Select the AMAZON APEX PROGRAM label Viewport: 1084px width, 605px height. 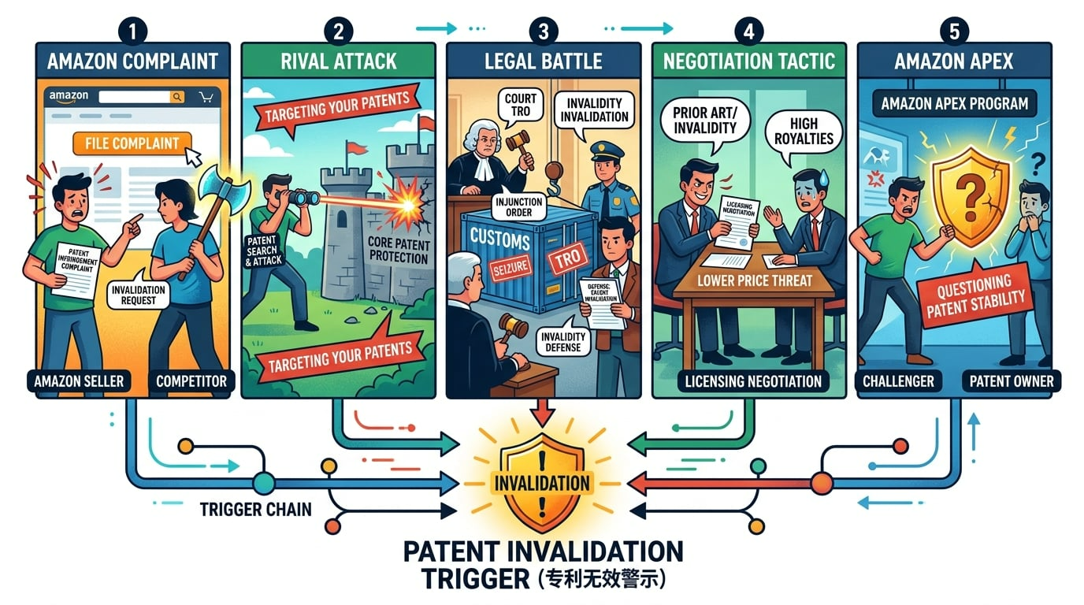(x=954, y=104)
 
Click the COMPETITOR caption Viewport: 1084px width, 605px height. (x=191, y=381)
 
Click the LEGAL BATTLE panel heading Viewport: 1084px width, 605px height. (x=544, y=61)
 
